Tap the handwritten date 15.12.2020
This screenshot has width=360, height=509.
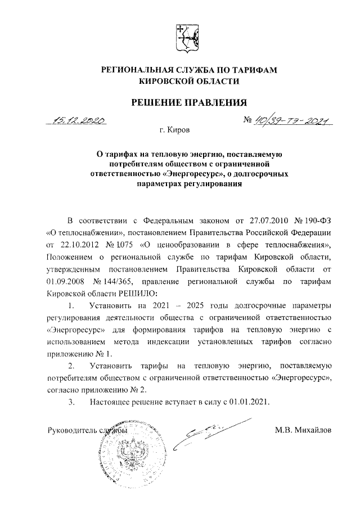tap(78, 120)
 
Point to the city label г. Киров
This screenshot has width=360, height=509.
tap(175, 130)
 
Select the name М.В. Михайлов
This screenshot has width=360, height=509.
tap(303, 430)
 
